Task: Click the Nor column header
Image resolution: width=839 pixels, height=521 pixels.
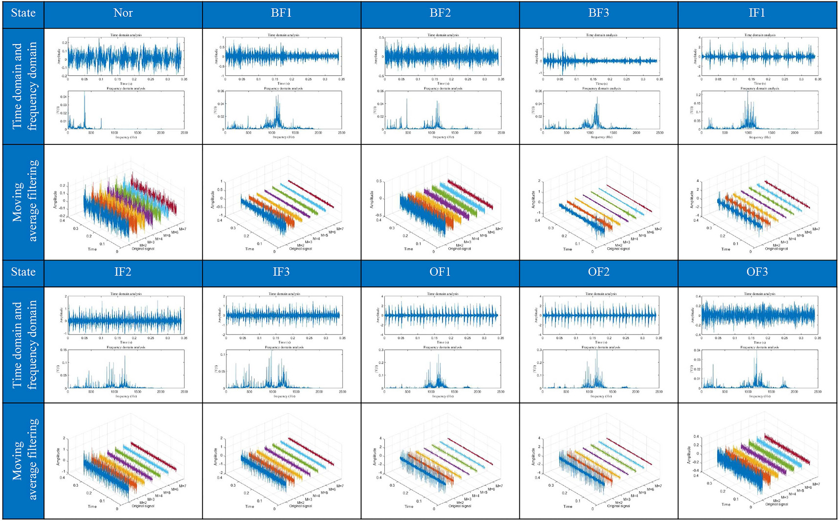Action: coord(123,13)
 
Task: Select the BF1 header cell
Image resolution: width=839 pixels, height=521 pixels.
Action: coord(281,13)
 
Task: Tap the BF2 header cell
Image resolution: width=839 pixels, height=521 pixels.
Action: coord(440,13)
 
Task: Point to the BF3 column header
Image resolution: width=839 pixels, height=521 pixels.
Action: coord(598,13)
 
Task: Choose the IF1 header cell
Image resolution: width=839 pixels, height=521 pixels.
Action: coord(756,13)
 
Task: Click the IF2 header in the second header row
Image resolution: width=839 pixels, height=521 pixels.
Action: coord(123,272)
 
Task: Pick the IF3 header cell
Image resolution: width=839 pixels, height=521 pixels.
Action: coord(281,272)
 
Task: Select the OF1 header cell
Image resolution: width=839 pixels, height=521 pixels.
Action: coord(440,272)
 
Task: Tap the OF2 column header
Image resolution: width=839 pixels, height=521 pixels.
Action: coord(598,272)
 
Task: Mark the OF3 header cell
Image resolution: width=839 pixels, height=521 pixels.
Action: coord(756,272)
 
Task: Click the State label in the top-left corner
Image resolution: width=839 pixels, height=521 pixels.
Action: coord(23,13)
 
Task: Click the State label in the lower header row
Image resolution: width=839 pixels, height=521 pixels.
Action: coord(23,272)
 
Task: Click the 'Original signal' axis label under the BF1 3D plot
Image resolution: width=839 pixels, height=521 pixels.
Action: coord(300,249)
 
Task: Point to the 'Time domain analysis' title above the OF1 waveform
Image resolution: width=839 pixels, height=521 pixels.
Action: coord(443,294)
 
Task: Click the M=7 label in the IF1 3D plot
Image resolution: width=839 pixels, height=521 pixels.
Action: coord(816,229)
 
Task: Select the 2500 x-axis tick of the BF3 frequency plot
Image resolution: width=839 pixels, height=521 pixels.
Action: coord(659,133)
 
